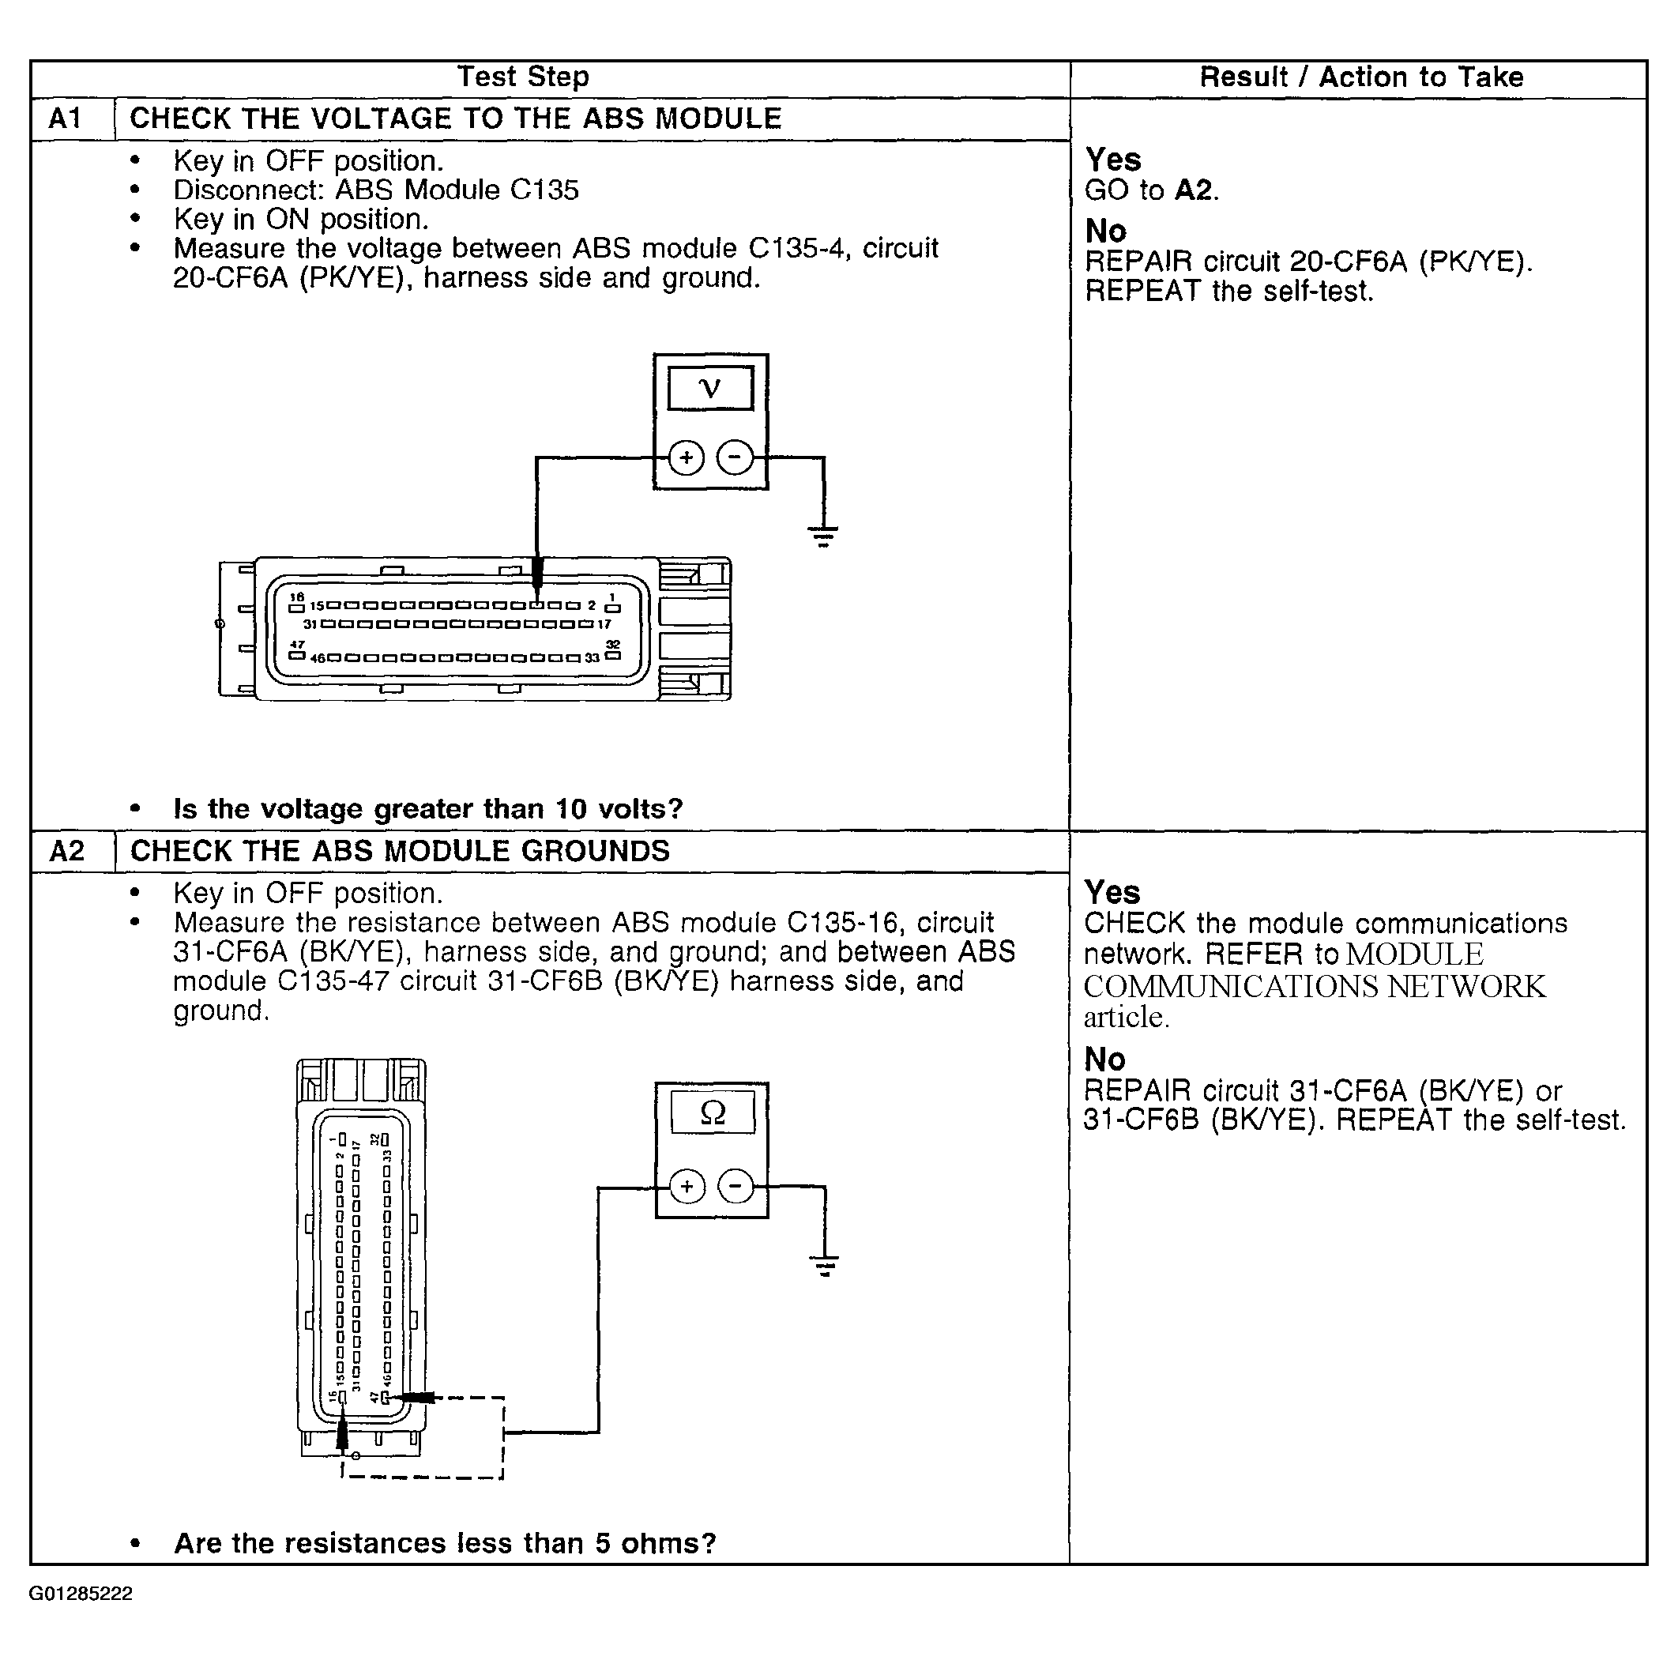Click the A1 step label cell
tap(66, 119)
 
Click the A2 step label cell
tap(67, 850)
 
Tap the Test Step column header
tap(523, 77)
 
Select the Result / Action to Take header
tap(1360, 77)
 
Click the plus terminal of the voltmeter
tap(687, 457)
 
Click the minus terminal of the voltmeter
tap(736, 457)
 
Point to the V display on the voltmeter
tap(709, 387)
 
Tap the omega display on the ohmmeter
tap(712, 1112)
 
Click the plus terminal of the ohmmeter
tap(687, 1187)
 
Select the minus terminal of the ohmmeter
tap(736, 1187)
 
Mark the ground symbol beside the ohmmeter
tap(824, 1265)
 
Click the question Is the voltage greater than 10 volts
tap(428, 809)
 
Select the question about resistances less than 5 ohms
tap(445, 1543)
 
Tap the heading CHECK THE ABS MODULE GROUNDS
tap(400, 850)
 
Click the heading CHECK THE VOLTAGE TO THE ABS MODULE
tap(455, 119)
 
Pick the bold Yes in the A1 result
tap(1112, 159)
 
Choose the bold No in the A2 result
tap(1104, 1059)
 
